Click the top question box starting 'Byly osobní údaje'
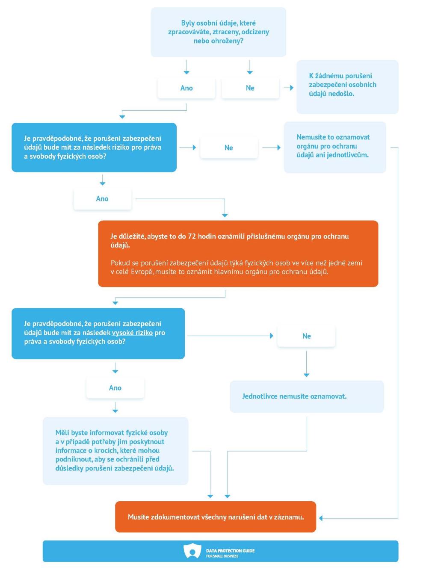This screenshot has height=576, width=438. (x=218, y=32)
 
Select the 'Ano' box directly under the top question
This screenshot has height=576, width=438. (x=186, y=88)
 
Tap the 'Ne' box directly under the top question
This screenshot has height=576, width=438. (x=250, y=88)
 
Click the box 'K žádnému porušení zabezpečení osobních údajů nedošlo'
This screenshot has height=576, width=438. (x=347, y=87)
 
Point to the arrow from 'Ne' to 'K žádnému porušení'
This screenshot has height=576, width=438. (x=288, y=88)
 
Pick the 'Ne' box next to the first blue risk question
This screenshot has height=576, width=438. (x=228, y=148)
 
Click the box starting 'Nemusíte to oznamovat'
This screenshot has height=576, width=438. (x=334, y=147)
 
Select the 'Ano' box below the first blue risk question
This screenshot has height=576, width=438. (x=102, y=199)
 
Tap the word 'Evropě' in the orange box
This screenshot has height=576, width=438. (x=142, y=272)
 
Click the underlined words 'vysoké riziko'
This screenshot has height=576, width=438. (x=132, y=333)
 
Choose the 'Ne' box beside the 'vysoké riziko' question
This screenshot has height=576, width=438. (x=306, y=336)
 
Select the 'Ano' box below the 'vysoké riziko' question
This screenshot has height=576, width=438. (x=115, y=387)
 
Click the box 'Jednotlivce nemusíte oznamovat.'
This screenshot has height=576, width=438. (x=307, y=396)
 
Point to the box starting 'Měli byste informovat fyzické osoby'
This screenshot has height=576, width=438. (x=115, y=451)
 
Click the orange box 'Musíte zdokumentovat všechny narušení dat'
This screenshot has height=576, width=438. (x=216, y=517)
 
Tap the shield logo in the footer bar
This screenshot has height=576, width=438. (x=192, y=550)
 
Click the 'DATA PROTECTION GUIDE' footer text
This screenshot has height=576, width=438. (x=230, y=550)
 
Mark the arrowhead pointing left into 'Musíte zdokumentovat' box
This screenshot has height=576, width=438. (x=321, y=518)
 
